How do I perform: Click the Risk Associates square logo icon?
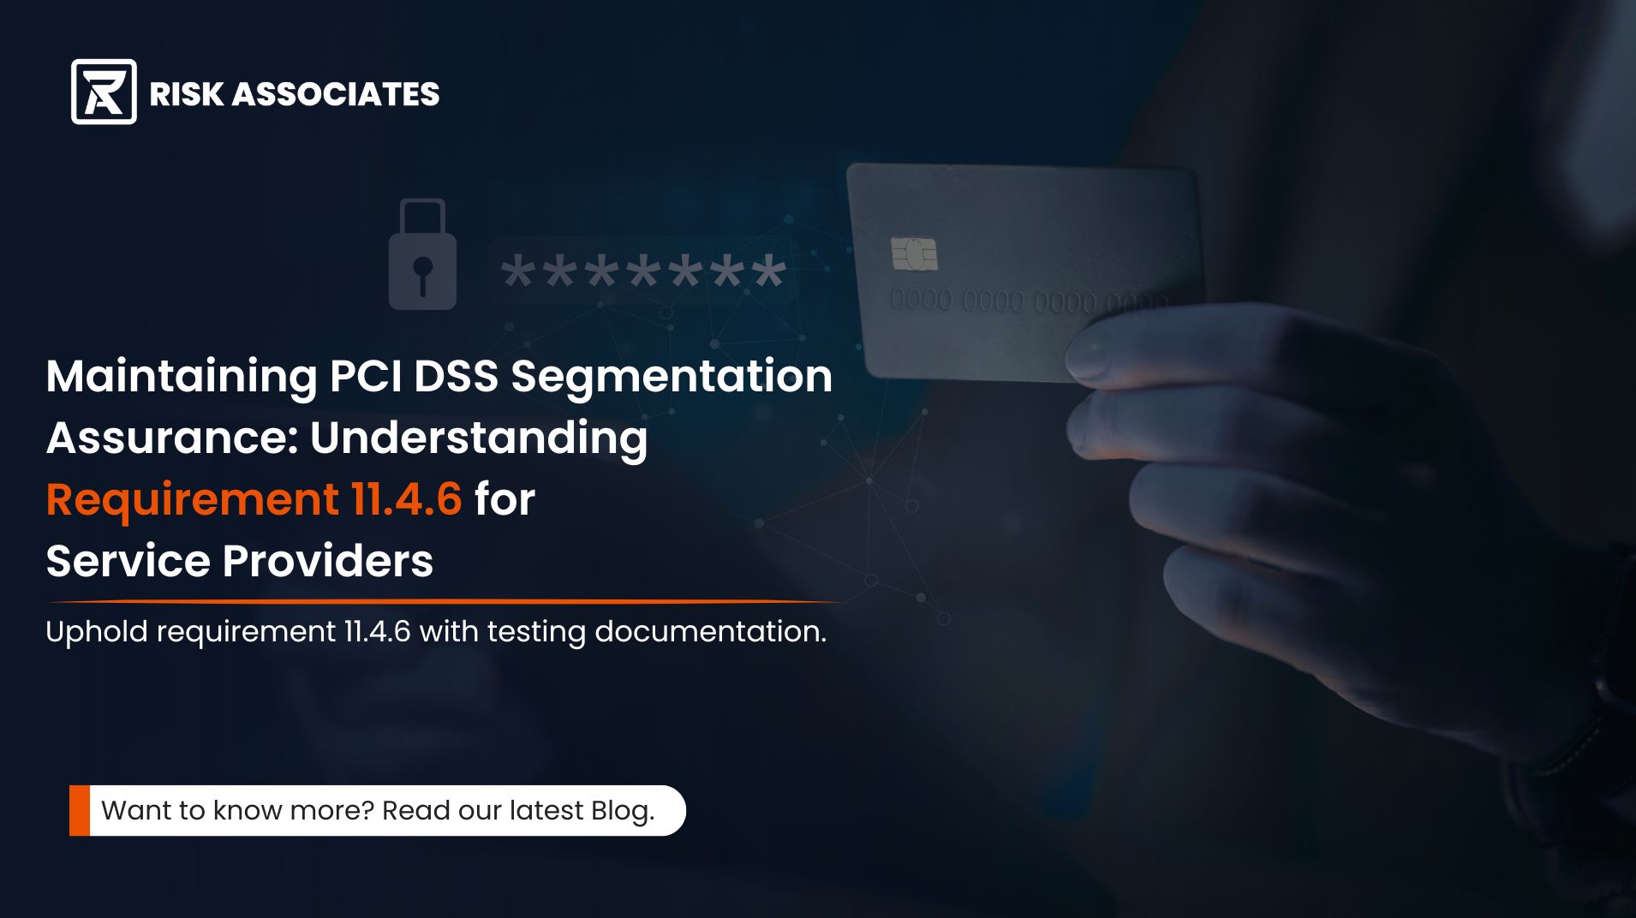coord(104,92)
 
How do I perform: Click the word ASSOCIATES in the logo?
coord(336,94)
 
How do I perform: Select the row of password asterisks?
coord(643,272)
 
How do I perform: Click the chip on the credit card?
coord(914,253)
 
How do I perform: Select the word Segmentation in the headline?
coord(672,378)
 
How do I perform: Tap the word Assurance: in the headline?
coord(171,438)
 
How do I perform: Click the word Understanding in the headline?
coord(478,439)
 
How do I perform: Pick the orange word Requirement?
coord(192,500)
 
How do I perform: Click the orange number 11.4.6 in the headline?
coord(406,499)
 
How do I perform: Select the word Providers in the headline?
coord(328,562)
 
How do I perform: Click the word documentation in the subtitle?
coord(710,632)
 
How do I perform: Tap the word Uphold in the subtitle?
coord(97,633)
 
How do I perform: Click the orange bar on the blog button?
coord(80,810)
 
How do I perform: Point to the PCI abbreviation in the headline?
coord(367,376)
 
